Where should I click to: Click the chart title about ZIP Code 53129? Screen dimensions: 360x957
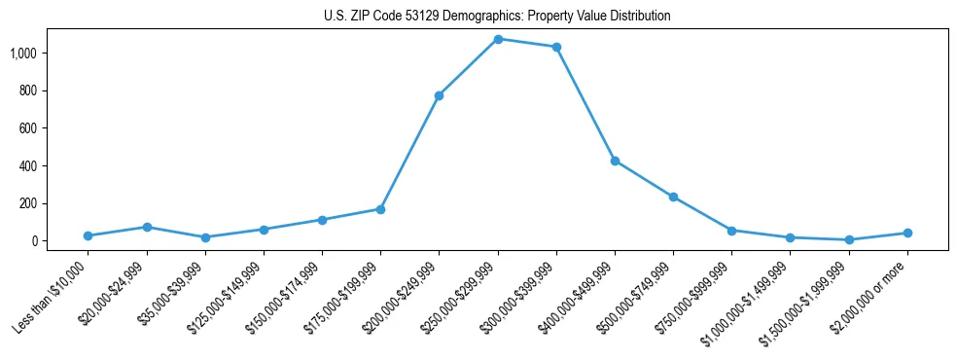497,17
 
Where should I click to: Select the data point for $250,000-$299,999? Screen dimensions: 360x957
498,39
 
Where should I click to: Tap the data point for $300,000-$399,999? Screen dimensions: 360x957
556,47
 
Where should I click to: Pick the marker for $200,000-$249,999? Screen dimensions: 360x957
440,95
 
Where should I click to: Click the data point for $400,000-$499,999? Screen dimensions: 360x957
615,161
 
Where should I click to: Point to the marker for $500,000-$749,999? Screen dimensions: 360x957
673,197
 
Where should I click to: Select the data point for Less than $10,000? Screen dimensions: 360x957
89,235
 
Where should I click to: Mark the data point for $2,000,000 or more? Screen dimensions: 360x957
907,233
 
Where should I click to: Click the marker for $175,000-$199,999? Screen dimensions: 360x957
380,209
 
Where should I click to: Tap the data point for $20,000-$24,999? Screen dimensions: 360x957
147,227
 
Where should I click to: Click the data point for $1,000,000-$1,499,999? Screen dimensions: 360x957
790,237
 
